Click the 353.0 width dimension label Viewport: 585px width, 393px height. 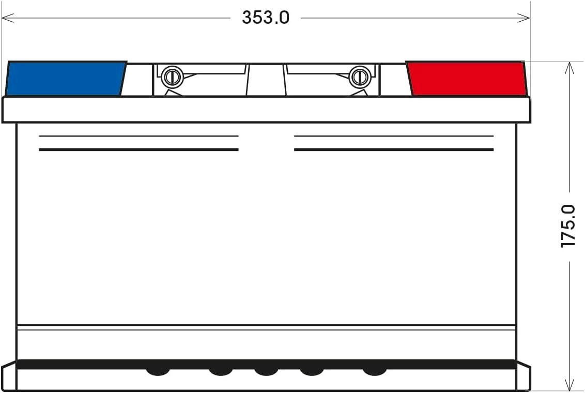coord(266,18)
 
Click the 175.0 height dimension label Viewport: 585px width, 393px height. coord(568,226)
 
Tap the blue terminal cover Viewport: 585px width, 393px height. coord(66,79)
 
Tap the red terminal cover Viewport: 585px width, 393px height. coord(467,79)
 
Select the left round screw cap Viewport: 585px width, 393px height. coord(172,78)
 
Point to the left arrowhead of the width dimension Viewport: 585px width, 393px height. coord(6,18)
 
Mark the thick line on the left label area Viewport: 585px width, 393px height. coord(138,149)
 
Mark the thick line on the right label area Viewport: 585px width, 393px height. coord(394,149)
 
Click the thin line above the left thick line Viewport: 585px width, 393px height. coord(138,137)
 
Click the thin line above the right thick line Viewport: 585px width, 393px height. coord(394,137)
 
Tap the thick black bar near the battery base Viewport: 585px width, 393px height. coord(266,364)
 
